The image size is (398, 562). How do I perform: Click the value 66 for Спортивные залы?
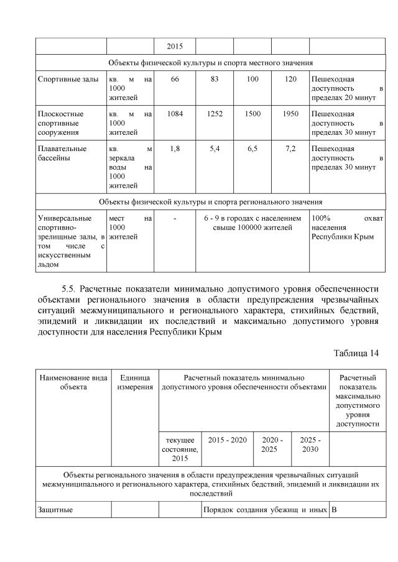pos(175,80)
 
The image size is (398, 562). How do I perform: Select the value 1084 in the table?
pos(175,114)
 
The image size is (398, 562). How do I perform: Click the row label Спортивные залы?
pos(63,80)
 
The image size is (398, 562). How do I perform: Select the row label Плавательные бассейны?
pos(62,154)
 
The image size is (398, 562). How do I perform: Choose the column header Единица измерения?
pos(135,382)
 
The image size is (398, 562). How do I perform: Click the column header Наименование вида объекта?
pos(73,382)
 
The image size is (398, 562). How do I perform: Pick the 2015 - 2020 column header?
pos(227,440)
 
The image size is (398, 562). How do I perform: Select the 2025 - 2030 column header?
pos(310,445)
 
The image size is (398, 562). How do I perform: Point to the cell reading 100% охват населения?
pos(346,228)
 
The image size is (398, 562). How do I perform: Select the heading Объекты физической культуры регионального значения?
pos(210,202)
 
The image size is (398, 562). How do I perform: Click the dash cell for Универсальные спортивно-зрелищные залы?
pos(175,219)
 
